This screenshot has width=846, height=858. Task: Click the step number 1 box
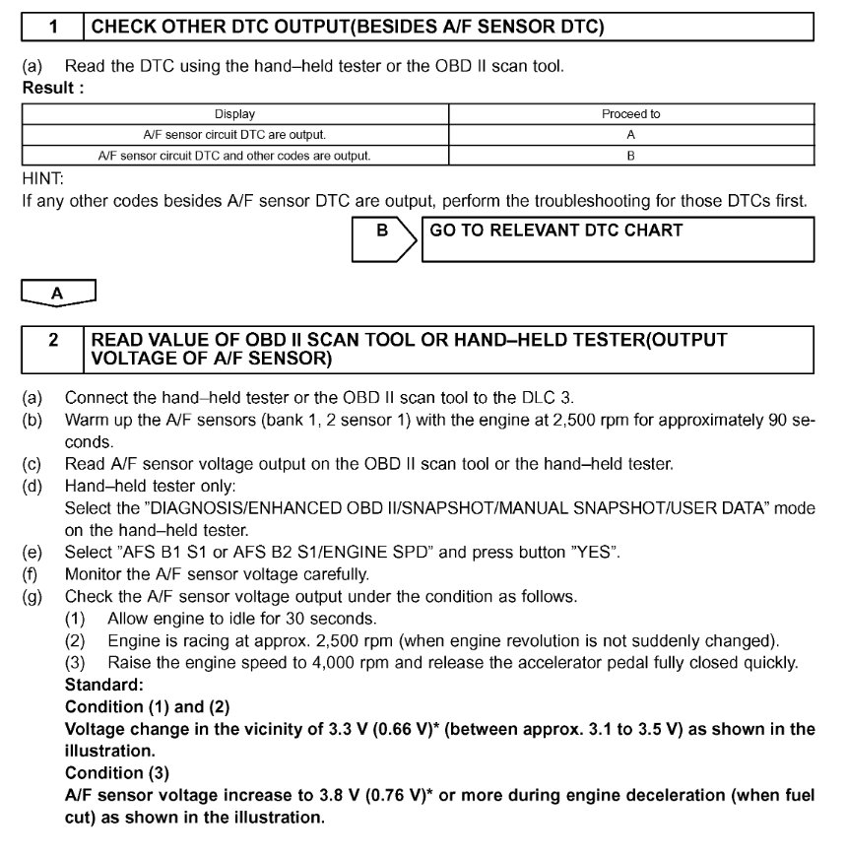(52, 28)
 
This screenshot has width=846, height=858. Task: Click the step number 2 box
(53, 349)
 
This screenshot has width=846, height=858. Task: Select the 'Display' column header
(234, 114)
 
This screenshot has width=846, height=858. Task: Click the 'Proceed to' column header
(630, 114)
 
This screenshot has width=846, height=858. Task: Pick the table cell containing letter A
(630, 135)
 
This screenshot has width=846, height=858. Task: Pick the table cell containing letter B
(630, 156)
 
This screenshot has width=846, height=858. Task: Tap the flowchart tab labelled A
(58, 293)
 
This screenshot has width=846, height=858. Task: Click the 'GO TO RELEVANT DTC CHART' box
(617, 239)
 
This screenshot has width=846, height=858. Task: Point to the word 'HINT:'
(42, 180)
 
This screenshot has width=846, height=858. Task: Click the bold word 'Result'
(48, 89)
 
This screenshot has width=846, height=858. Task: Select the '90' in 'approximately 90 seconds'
(776, 420)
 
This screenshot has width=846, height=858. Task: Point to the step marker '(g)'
(33, 597)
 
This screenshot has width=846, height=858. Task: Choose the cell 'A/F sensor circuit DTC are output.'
(234, 135)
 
